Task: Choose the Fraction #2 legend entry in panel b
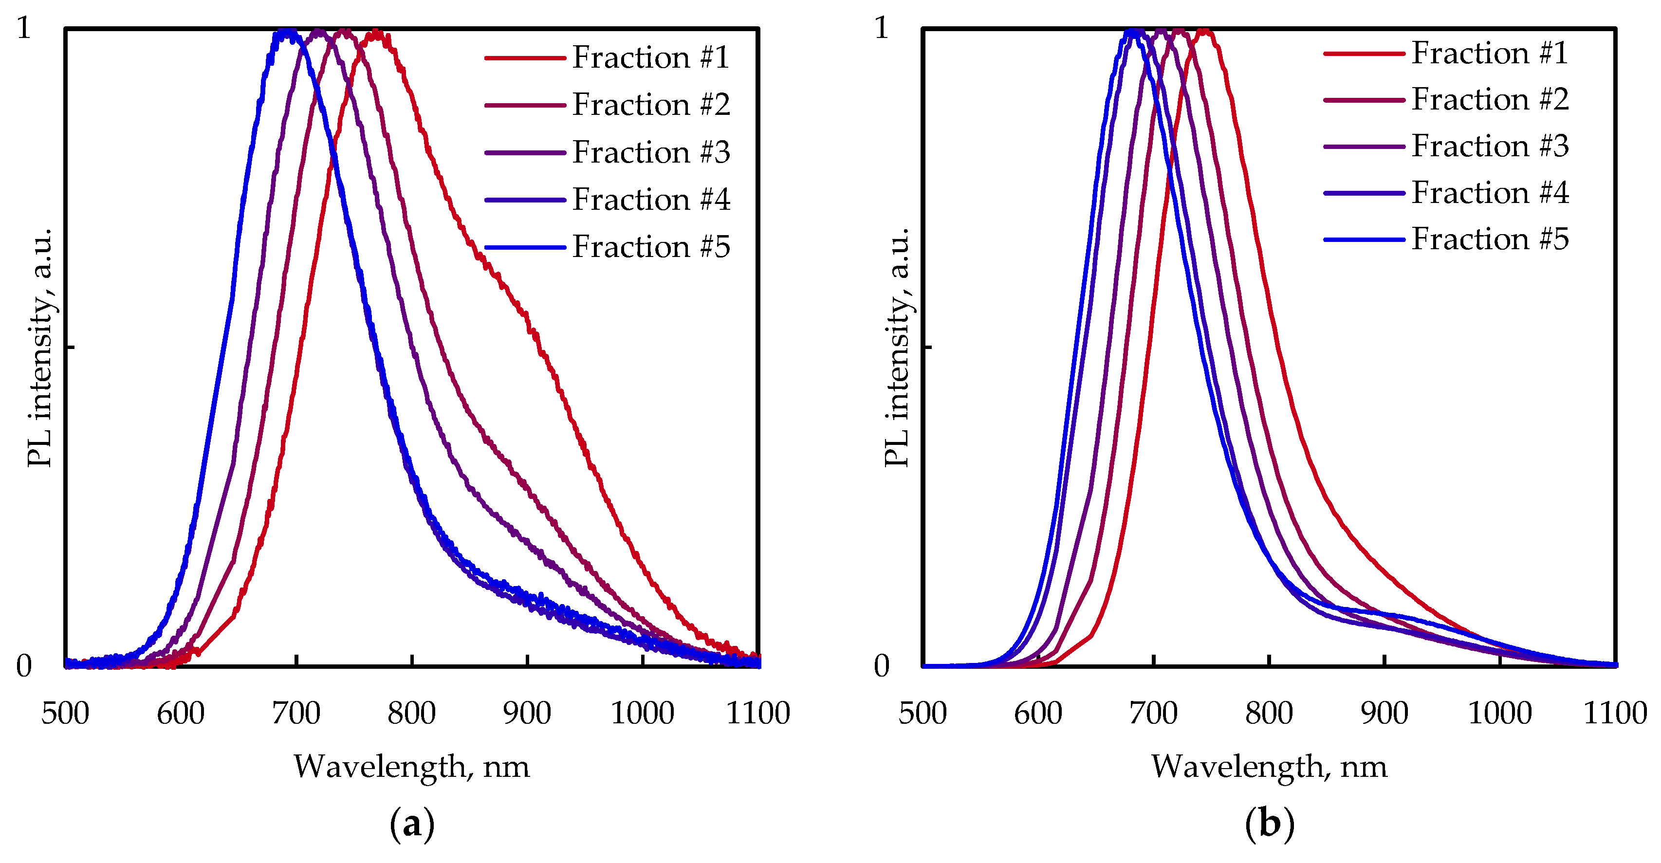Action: pyautogui.click(x=1490, y=100)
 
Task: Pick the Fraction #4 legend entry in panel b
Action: pyautogui.click(x=1490, y=193)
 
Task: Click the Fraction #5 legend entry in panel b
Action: pyautogui.click(x=1490, y=239)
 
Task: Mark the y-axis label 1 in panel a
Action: pyautogui.click(x=24, y=28)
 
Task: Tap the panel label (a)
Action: pyautogui.click(x=412, y=825)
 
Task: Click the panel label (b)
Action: pyautogui.click(x=1270, y=825)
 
